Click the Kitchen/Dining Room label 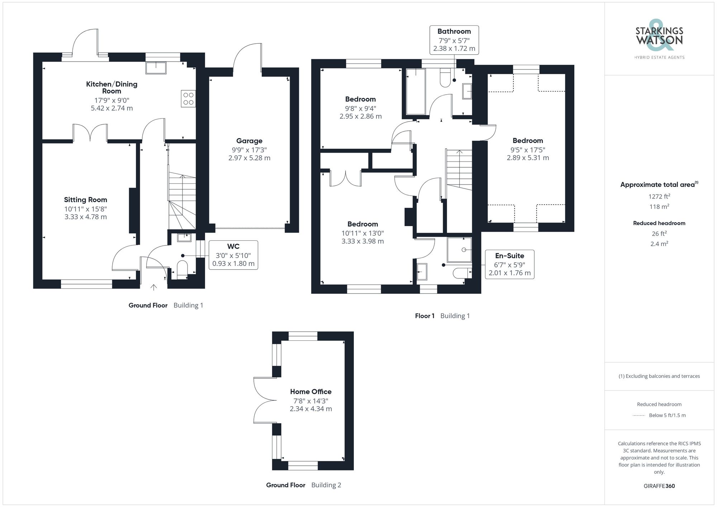tap(111, 87)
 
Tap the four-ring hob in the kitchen tap(188, 99)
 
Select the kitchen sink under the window tap(156, 68)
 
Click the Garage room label tap(249, 141)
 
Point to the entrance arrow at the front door tap(153, 287)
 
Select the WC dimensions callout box tap(233, 255)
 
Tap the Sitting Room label tap(85, 200)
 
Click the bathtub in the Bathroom tap(416, 91)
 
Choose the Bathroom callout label tap(454, 32)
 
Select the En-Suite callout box tap(509, 264)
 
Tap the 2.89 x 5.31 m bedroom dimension tap(528, 158)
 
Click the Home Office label tap(310, 392)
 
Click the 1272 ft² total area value tap(659, 196)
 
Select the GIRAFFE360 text tap(659, 486)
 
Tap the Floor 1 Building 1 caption tap(442, 316)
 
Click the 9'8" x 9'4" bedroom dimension tap(360, 108)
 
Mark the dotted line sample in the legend tap(639, 416)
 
